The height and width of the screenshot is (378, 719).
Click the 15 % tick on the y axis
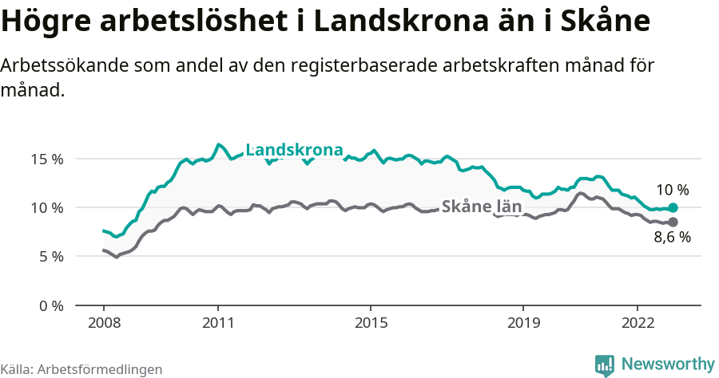47,159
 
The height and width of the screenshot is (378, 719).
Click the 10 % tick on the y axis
47,207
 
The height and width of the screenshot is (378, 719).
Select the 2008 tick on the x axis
104,323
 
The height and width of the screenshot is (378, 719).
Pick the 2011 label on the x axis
218,323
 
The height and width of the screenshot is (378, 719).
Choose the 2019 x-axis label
523,323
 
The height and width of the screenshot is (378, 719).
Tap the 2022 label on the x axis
638,323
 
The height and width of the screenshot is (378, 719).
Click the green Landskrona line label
294,150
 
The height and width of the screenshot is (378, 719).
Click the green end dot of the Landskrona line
673,207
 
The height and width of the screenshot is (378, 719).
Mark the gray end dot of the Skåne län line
673,222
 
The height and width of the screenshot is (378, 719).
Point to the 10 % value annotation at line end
672,190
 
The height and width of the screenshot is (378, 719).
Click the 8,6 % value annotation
672,237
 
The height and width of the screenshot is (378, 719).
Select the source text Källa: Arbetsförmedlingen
81,369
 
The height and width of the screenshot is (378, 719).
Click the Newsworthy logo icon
605,365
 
